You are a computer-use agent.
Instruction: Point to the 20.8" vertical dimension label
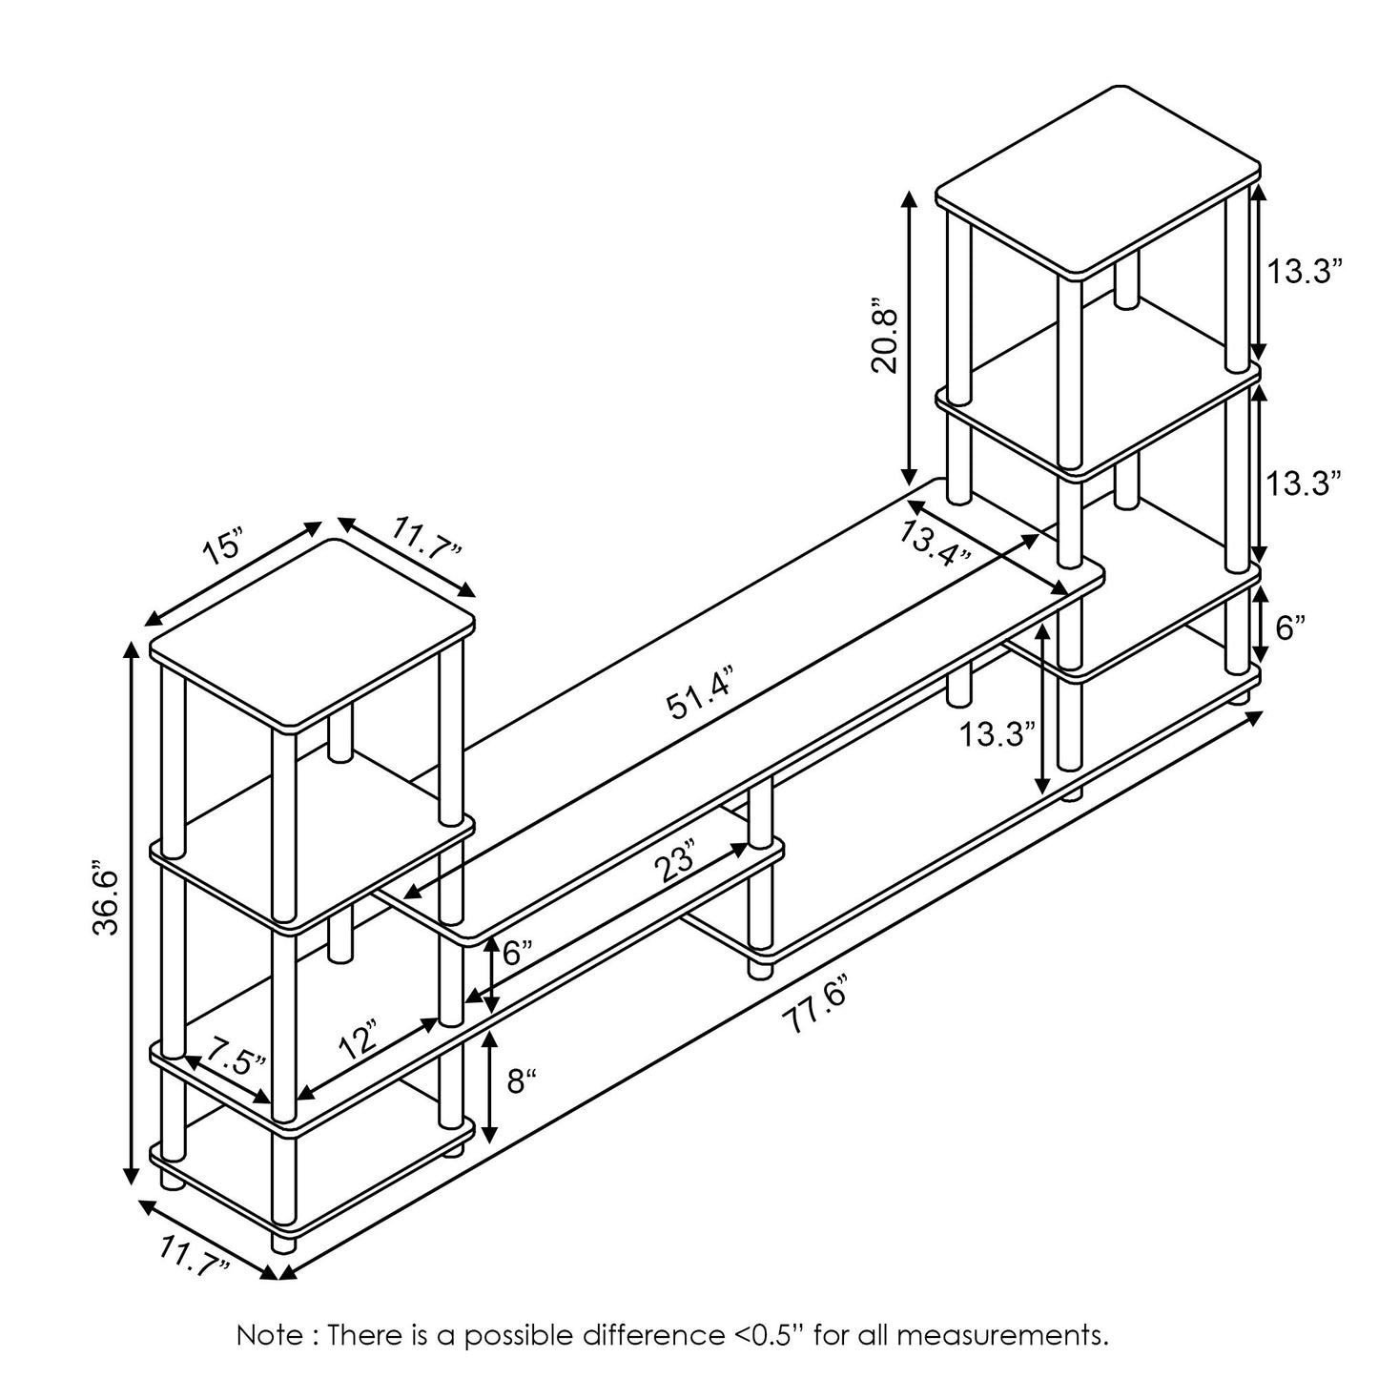[x=883, y=340]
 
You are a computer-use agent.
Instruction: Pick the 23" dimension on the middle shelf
[x=678, y=865]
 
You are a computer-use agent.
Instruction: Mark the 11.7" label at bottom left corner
[x=195, y=1255]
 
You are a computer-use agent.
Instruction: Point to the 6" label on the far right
[x=1290, y=627]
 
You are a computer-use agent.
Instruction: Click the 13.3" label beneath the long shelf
[x=997, y=734]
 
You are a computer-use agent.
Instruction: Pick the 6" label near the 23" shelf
[x=517, y=953]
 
